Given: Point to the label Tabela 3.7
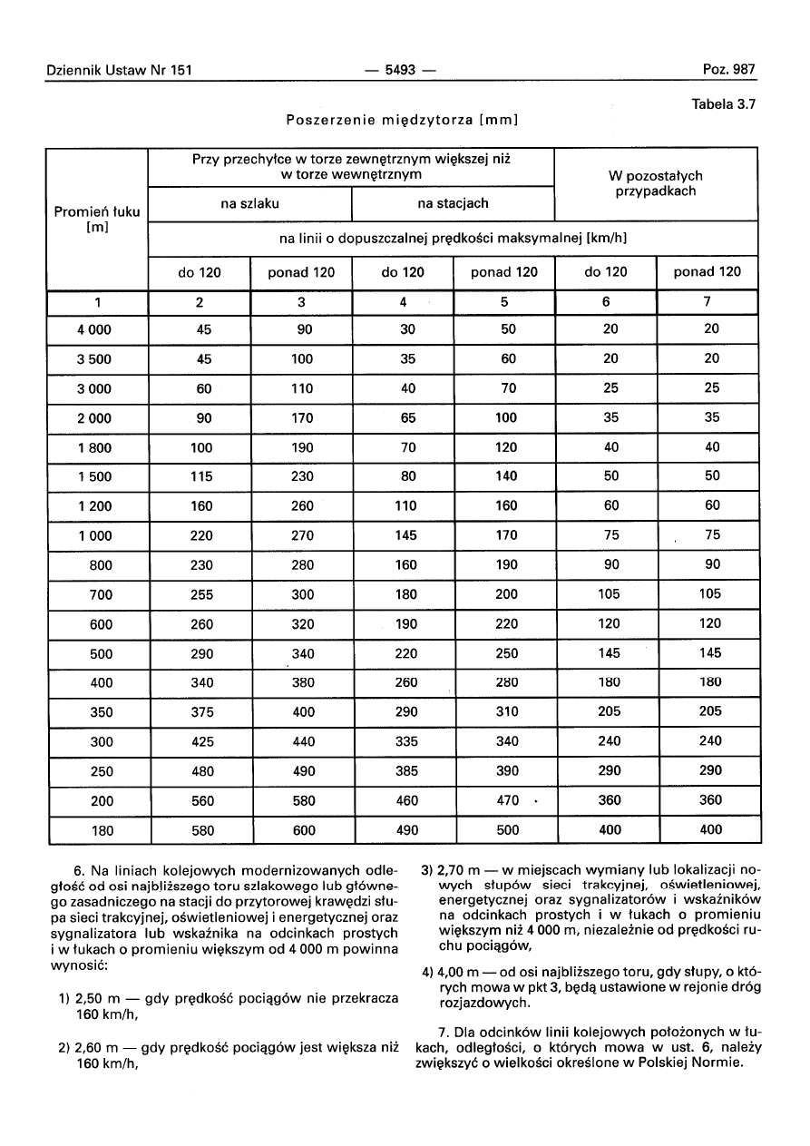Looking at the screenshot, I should (x=723, y=104).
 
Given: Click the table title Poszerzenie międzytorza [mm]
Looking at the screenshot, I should (x=401, y=120).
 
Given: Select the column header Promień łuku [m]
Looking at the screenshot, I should (x=97, y=219).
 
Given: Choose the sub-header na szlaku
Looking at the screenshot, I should (x=249, y=204).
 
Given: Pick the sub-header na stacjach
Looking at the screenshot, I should (x=453, y=204).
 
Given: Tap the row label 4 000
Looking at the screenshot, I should (x=96, y=330).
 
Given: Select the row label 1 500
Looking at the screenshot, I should (x=96, y=476).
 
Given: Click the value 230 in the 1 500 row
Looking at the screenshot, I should (x=303, y=476).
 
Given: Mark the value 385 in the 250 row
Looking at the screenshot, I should (x=406, y=770).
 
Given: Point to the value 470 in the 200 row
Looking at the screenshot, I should (x=506, y=800).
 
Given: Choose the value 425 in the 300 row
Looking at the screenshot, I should (x=203, y=741).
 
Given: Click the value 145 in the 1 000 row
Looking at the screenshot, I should (x=406, y=535).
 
